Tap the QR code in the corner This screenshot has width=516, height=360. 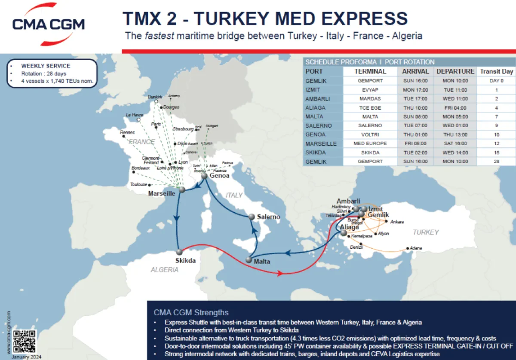pyautogui.click(x=25, y=341)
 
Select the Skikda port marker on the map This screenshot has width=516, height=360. pyautogui.click(x=179, y=252)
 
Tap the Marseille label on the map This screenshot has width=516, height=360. pyautogui.click(x=162, y=193)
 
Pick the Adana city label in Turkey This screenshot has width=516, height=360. pyautogui.click(x=416, y=248)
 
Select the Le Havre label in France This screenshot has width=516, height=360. pyautogui.click(x=134, y=115)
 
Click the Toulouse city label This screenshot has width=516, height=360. pyautogui.click(x=138, y=185)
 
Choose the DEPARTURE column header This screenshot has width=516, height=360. pyautogui.click(x=455, y=71)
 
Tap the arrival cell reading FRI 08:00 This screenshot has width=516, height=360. pyautogui.click(x=415, y=143)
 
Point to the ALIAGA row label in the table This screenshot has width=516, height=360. pyautogui.click(x=315, y=108)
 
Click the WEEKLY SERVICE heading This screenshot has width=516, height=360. pyautogui.click(x=46, y=66)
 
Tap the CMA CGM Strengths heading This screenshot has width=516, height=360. pyautogui.click(x=191, y=312)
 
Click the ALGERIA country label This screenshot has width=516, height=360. pyautogui.click(x=164, y=270)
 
